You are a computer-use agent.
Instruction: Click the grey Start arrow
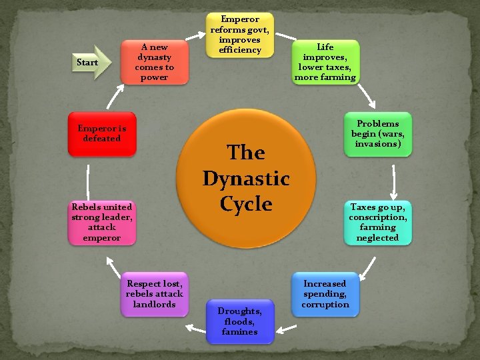click(87, 62)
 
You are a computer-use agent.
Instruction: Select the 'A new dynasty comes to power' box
click(154, 62)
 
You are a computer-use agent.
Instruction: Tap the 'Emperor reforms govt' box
click(240, 35)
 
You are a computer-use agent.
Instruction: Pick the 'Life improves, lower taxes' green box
click(325, 62)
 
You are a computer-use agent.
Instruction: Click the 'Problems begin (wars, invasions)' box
click(378, 134)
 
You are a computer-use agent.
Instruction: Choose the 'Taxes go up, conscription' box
click(378, 223)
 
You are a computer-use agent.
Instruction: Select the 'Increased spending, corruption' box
click(325, 294)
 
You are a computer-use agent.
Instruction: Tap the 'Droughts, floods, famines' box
click(240, 321)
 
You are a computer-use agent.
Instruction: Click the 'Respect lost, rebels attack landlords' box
click(155, 294)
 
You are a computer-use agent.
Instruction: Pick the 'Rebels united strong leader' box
click(102, 223)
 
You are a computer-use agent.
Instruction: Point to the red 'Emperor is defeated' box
click(101, 133)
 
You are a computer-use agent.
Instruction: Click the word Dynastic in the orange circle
click(246, 179)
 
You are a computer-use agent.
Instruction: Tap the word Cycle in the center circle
click(246, 204)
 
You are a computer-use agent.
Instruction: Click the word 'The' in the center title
click(246, 153)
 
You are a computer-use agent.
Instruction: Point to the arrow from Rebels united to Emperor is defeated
click(87, 178)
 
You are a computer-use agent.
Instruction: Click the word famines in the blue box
click(240, 332)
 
